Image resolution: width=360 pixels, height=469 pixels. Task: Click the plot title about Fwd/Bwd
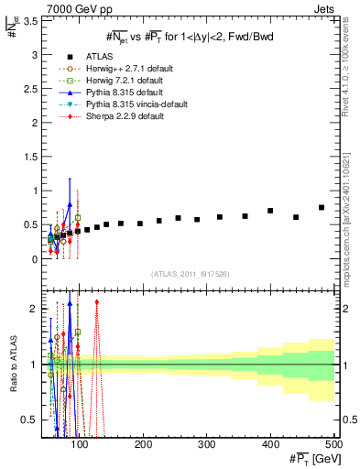click(189, 36)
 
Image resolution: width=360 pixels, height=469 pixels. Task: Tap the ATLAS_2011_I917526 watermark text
click(190, 275)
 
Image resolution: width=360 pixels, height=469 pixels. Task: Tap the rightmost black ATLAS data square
click(322, 208)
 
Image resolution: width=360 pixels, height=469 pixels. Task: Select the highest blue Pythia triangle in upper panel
click(70, 205)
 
